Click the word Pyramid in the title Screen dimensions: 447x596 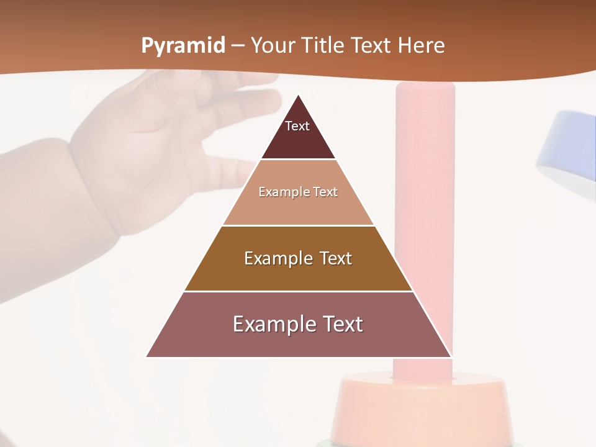point(183,46)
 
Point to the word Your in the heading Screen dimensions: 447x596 point(273,45)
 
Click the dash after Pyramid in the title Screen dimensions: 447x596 point(237,46)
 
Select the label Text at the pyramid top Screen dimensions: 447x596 point(297,126)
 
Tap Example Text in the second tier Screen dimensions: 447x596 point(298,192)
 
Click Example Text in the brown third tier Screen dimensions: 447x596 point(298,258)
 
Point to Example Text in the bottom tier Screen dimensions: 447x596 point(298,324)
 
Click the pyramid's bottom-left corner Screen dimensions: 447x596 point(147,356)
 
